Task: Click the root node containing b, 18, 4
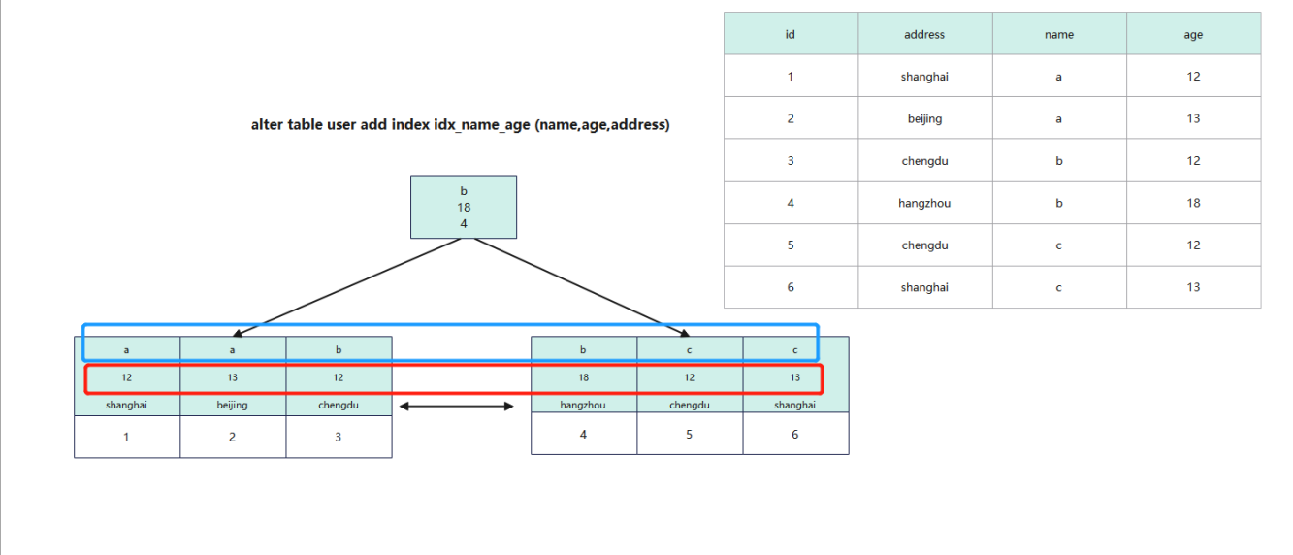pyautogui.click(x=464, y=207)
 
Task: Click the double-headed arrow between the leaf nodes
pyautogui.click(x=456, y=406)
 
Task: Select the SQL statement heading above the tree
pyautogui.click(x=460, y=125)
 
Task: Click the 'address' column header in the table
pyautogui.click(x=924, y=34)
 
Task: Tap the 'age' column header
pyautogui.click(x=1193, y=34)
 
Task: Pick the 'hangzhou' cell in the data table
pyautogui.click(x=924, y=203)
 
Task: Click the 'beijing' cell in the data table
pyautogui.click(x=924, y=118)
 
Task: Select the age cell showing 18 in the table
pyautogui.click(x=1193, y=203)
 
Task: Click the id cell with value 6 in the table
pyautogui.click(x=791, y=287)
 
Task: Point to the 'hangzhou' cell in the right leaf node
pyautogui.click(x=583, y=405)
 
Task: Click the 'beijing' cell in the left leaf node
pyautogui.click(x=232, y=405)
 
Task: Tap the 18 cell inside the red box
pyautogui.click(x=584, y=377)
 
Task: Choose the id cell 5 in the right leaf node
pyautogui.click(x=690, y=434)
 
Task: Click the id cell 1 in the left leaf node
pyautogui.click(x=126, y=438)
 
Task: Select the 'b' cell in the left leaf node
pyautogui.click(x=339, y=350)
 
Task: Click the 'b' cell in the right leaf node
pyautogui.click(x=583, y=350)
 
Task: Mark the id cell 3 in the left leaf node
pyautogui.click(x=339, y=438)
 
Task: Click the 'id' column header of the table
pyautogui.click(x=791, y=34)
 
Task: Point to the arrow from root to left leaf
pyautogui.click(x=346, y=287)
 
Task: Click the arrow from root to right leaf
pyautogui.click(x=582, y=287)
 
